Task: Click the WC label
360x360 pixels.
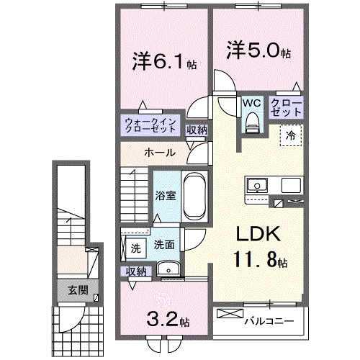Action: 251,103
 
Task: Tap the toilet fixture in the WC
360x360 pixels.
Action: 251,123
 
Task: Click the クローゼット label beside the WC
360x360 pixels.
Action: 287,108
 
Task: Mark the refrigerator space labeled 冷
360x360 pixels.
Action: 292,135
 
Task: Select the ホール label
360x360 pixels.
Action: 156,152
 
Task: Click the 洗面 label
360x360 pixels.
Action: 163,245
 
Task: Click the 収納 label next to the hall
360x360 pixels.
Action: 196,130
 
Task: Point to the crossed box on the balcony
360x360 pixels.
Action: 230,315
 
